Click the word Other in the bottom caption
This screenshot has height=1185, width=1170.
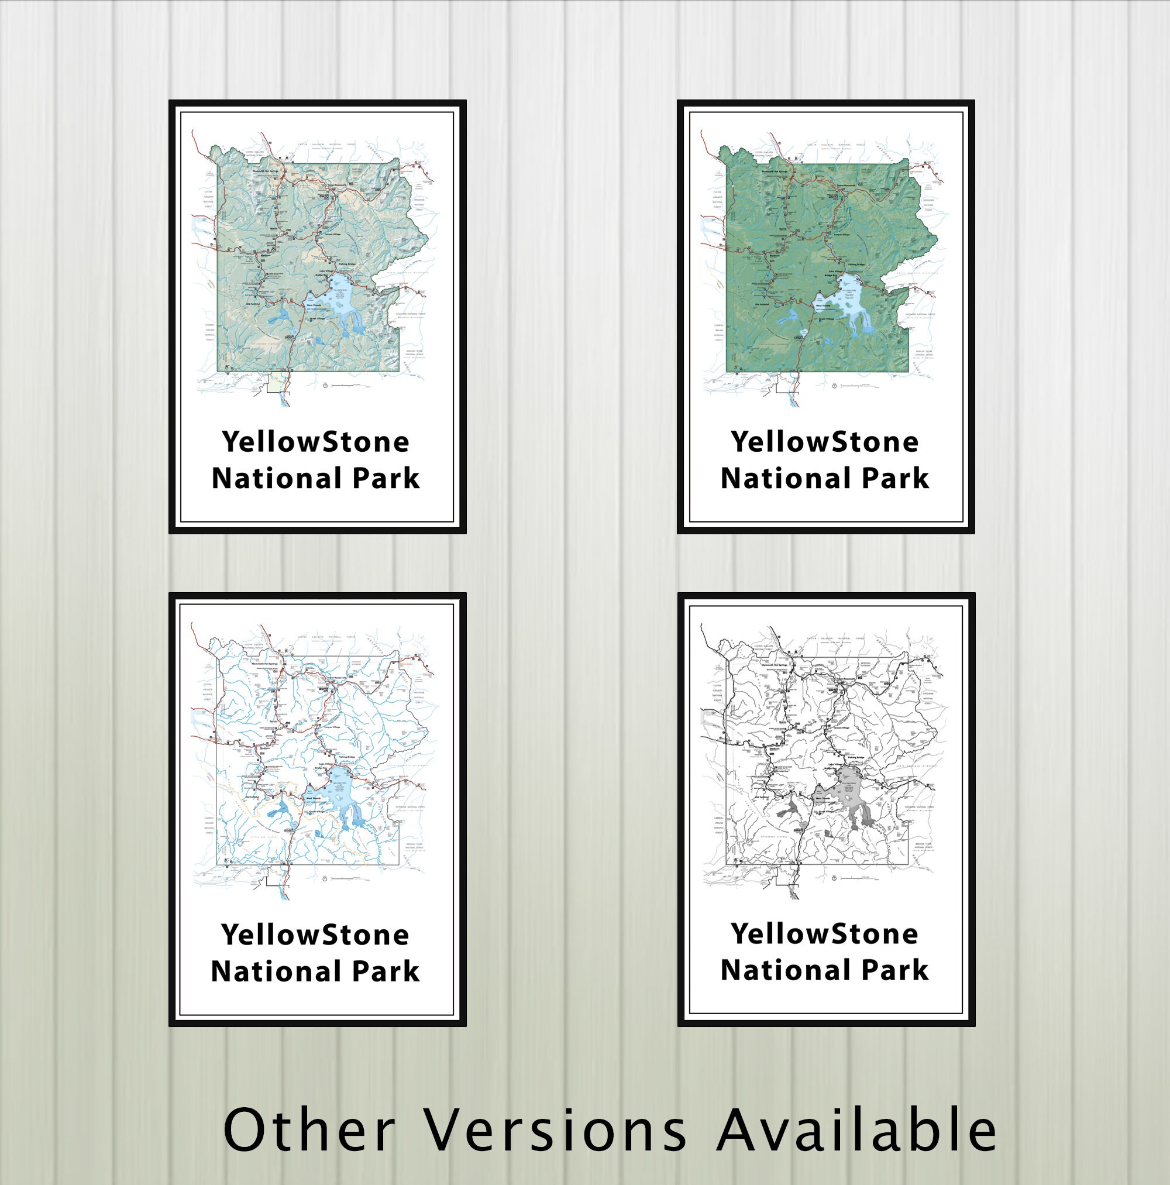pos(309,1130)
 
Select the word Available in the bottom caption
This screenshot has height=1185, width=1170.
pos(856,1130)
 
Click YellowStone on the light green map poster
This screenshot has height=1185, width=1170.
pos(315,442)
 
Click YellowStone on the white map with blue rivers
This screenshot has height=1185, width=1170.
pos(315,935)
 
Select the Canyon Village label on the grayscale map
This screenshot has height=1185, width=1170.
pos(841,728)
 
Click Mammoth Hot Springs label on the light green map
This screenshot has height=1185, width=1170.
pos(266,171)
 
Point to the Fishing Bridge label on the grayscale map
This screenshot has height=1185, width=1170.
pos(856,757)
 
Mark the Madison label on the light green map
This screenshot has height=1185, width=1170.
pos(266,255)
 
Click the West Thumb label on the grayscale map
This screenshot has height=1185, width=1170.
pos(823,798)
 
